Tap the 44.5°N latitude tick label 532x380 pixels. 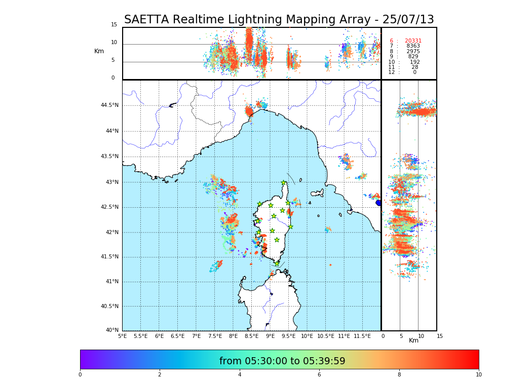pyautogui.click(x=109, y=105)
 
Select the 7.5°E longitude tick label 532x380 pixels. pyautogui.click(x=215, y=336)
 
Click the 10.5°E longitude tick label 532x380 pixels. pyautogui.click(x=326, y=336)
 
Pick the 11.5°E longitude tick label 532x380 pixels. pyautogui.click(x=363, y=336)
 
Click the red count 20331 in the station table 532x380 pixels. pyautogui.click(x=413, y=41)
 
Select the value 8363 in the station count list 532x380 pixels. pyautogui.click(x=413, y=46)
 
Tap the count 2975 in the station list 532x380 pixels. pyautogui.click(x=413, y=52)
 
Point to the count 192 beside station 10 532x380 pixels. pyautogui.click(x=415, y=62)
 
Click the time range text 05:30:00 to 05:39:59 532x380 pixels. pyautogui.click(x=282, y=361)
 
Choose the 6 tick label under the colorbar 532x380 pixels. pyautogui.click(x=319, y=374)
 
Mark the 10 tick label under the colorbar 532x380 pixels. pyautogui.click(x=478, y=374)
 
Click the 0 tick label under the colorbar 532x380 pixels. pyautogui.click(x=80, y=374)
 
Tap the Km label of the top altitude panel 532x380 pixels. pyautogui.click(x=99, y=51)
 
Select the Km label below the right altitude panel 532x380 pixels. pyautogui.click(x=414, y=340)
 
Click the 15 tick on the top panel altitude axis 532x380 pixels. pyautogui.click(x=114, y=25)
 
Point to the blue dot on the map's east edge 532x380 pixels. pyautogui.click(x=378, y=203)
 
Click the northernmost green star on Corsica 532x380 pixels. pyautogui.click(x=284, y=183)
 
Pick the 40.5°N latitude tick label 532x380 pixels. pyautogui.click(x=109, y=307)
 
